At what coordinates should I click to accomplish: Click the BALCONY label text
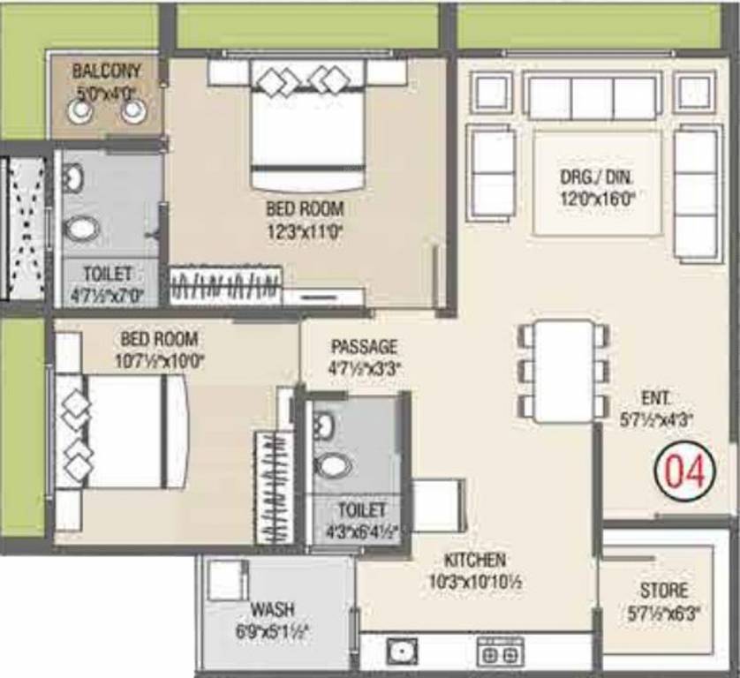click(104, 70)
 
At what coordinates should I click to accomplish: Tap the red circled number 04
click(681, 472)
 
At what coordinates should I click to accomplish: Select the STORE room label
click(664, 590)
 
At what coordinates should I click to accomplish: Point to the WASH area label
click(272, 610)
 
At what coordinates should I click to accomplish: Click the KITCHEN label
click(475, 560)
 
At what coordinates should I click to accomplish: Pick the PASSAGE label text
click(364, 347)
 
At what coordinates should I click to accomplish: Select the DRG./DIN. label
click(597, 177)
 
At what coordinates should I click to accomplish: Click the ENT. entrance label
click(655, 396)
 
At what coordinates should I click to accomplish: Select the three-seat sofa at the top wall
click(592, 97)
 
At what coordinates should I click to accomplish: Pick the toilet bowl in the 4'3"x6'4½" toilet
click(333, 464)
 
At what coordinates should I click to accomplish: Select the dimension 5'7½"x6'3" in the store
click(665, 611)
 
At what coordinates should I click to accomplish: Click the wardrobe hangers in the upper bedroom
click(225, 288)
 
